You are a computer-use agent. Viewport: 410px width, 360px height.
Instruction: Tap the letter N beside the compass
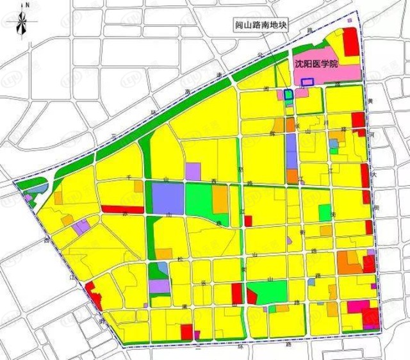(x=29, y=5)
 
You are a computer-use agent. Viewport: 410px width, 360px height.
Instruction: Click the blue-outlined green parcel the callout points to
(x=289, y=94)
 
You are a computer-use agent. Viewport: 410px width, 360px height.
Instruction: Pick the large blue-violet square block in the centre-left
(x=168, y=198)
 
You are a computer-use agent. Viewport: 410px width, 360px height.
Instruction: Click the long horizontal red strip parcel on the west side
(x=120, y=209)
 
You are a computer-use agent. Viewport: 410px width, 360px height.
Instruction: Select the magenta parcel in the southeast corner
(x=357, y=306)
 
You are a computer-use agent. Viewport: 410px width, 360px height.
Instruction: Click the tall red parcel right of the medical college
(x=350, y=44)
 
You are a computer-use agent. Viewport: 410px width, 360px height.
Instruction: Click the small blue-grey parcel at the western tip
(x=37, y=188)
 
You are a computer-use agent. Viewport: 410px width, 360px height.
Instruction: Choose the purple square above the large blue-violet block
(x=193, y=171)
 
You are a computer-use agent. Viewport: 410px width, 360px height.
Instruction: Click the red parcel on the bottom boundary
(x=186, y=331)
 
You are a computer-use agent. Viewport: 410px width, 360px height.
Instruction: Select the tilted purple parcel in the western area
(x=81, y=227)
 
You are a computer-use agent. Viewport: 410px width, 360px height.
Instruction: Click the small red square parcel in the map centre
(x=248, y=221)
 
